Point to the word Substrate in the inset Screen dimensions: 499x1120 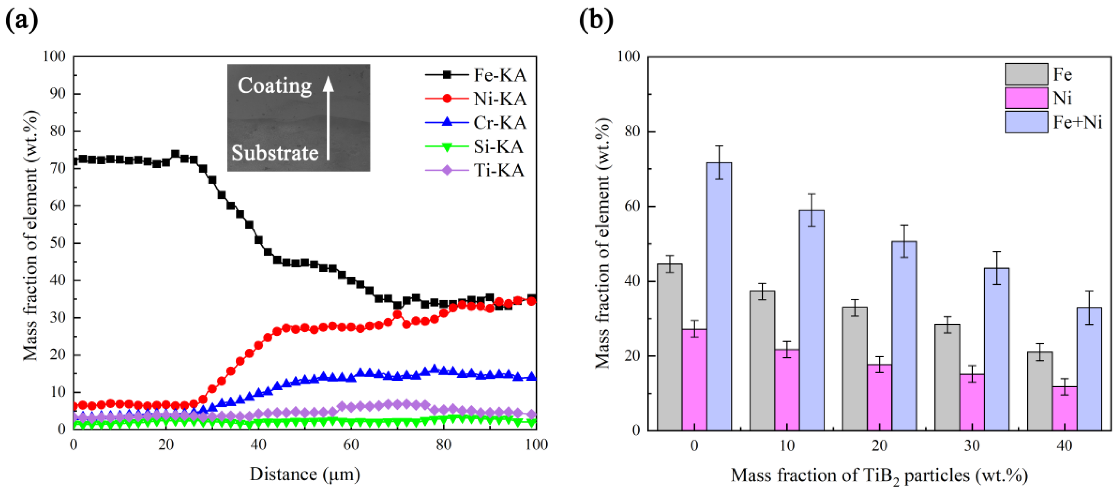[x=275, y=153]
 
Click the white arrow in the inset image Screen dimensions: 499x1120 [x=328, y=117]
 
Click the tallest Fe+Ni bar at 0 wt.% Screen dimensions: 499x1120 [x=719, y=296]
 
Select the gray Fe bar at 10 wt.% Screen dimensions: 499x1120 [x=762, y=361]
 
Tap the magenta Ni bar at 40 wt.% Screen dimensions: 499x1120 [x=1065, y=409]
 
